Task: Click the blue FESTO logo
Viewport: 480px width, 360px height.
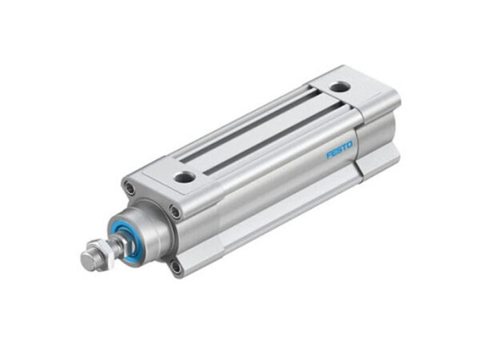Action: [x=338, y=148]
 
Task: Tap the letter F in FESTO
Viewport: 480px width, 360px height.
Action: [x=328, y=153]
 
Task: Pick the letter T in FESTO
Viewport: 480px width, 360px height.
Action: [x=344, y=146]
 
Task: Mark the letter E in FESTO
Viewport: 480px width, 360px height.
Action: [x=333, y=150]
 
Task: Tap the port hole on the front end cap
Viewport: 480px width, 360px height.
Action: [x=183, y=177]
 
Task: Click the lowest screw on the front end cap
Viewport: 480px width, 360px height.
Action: [x=175, y=266]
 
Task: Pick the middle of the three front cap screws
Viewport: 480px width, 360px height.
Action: [x=175, y=212]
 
